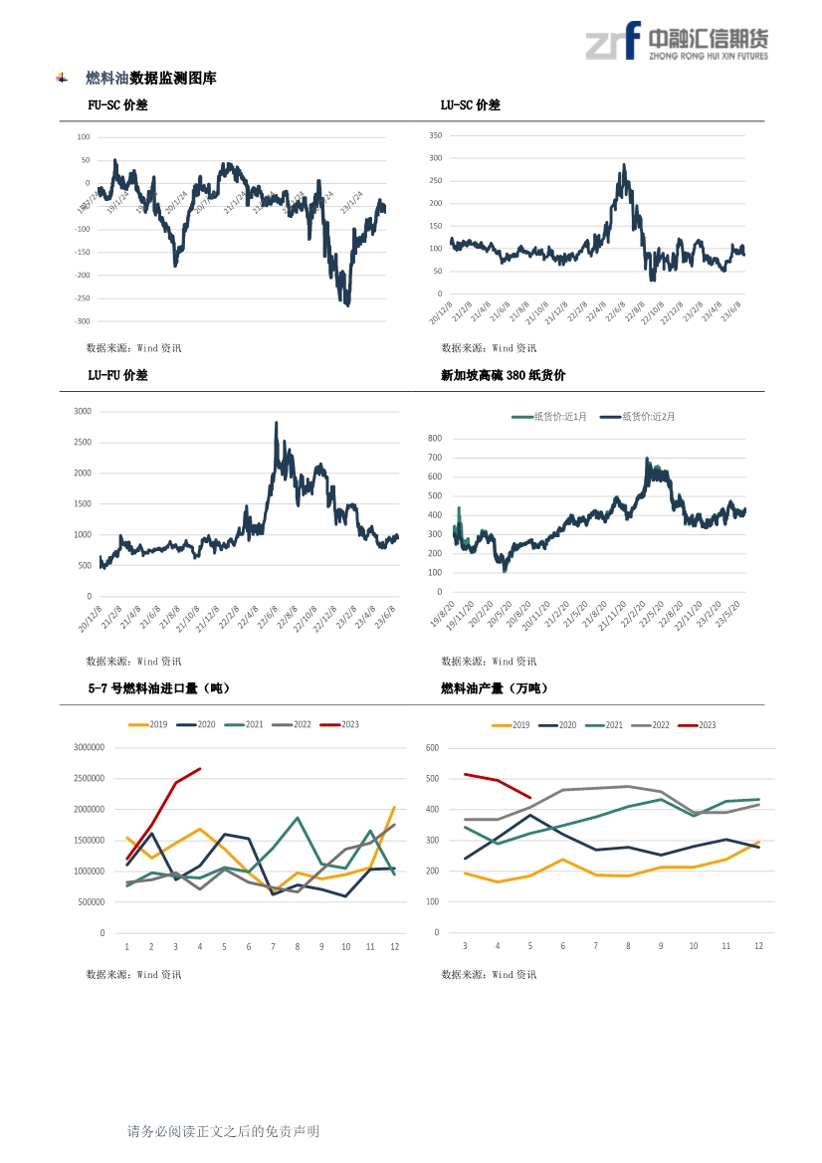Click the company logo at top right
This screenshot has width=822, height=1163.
point(677,43)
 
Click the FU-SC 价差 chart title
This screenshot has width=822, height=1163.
point(117,105)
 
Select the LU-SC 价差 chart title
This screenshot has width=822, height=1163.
point(470,105)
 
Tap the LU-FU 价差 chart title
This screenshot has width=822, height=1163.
point(117,375)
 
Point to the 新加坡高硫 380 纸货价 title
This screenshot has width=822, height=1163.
point(503,375)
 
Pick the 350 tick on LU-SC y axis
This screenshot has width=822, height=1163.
point(436,135)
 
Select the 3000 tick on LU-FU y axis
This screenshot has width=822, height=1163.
point(83,411)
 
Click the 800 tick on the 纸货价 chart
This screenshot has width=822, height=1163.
point(435,438)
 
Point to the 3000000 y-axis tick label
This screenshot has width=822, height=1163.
point(89,748)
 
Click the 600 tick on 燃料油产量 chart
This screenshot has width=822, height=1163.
point(432,748)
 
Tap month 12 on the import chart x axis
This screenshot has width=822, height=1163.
point(395,947)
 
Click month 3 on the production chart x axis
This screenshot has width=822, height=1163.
point(465,947)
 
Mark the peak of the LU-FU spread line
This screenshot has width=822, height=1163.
point(276,422)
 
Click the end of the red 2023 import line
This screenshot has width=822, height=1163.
point(200,768)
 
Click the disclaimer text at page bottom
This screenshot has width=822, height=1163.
point(223,1132)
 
